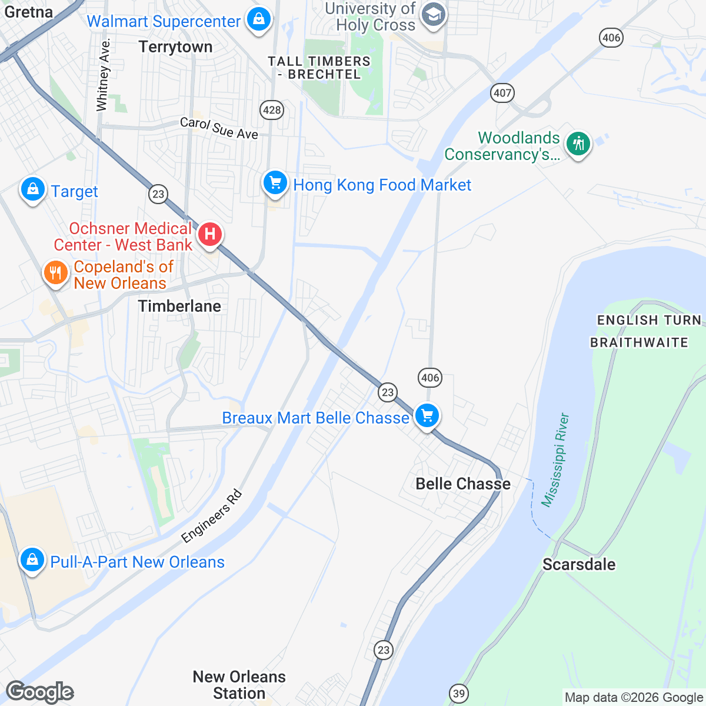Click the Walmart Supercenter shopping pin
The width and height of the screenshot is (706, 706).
click(x=258, y=20)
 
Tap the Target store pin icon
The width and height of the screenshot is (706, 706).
click(x=33, y=189)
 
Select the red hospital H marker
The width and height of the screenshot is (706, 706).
click(x=209, y=234)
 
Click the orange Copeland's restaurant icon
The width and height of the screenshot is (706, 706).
click(x=55, y=274)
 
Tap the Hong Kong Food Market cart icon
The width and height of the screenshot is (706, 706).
click(x=275, y=183)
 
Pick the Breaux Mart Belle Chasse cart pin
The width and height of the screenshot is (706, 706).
click(x=427, y=416)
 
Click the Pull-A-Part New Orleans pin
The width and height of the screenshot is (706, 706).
click(x=32, y=560)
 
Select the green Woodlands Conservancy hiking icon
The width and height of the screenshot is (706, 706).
click(x=578, y=144)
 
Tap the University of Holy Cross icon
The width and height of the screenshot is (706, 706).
click(x=434, y=15)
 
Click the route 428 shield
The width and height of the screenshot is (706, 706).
click(x=272, y=109)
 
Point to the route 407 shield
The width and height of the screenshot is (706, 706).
click(x=502, y=92)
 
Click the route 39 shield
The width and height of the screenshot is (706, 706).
click(x=459, y=693)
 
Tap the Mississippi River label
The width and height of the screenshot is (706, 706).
click(x=555, y=460)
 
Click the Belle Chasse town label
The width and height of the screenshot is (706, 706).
click(x=463, y=484)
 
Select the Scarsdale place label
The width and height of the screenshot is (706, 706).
click(x=579, y=564)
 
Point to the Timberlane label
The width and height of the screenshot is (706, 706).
click(x=179, y=306)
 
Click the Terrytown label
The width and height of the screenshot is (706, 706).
click(x=175, y=47)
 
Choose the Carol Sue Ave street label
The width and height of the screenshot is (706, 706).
click(x=219, y=128)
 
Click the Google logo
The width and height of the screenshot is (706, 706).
click(x=39, y=692)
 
